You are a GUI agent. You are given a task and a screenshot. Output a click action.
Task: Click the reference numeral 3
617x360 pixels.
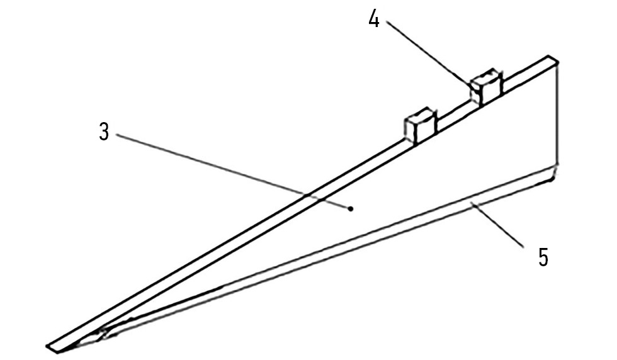point(104,132)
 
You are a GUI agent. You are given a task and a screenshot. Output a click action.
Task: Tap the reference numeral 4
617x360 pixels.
point(374,18)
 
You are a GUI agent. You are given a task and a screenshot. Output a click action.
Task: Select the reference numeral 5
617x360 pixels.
point(543,257)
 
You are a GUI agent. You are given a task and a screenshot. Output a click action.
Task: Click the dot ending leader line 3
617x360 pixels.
point(351,209)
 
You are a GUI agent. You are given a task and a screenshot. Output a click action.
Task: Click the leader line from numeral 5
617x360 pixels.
point(499,225)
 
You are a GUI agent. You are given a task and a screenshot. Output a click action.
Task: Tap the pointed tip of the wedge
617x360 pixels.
point(48,347)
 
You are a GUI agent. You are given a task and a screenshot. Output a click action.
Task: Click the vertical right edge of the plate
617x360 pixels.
point(558,114)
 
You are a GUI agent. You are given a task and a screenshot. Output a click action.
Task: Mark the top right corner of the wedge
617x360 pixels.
point(558,62)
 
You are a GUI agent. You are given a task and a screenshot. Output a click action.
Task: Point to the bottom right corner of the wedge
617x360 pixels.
point(552,179)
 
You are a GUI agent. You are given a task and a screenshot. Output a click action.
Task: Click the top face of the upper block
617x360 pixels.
point(485,75)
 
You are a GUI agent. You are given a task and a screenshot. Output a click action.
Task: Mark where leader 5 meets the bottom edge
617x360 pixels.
point(474,204)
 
